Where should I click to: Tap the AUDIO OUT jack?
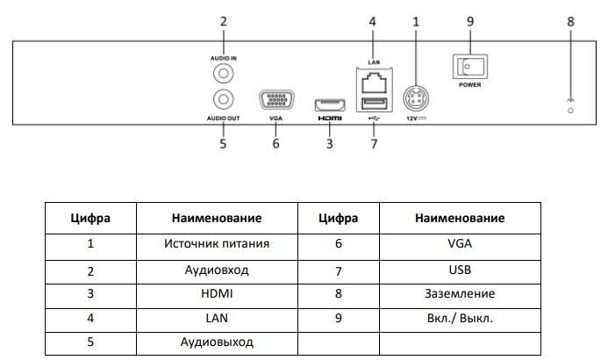224,100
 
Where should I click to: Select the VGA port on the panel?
275,100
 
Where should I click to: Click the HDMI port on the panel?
329,101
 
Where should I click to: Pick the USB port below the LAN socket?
372,107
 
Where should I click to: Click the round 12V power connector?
415,97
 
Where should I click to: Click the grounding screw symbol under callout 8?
570,108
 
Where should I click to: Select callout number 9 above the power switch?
469,21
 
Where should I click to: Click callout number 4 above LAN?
372,21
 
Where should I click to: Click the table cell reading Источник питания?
216,243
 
